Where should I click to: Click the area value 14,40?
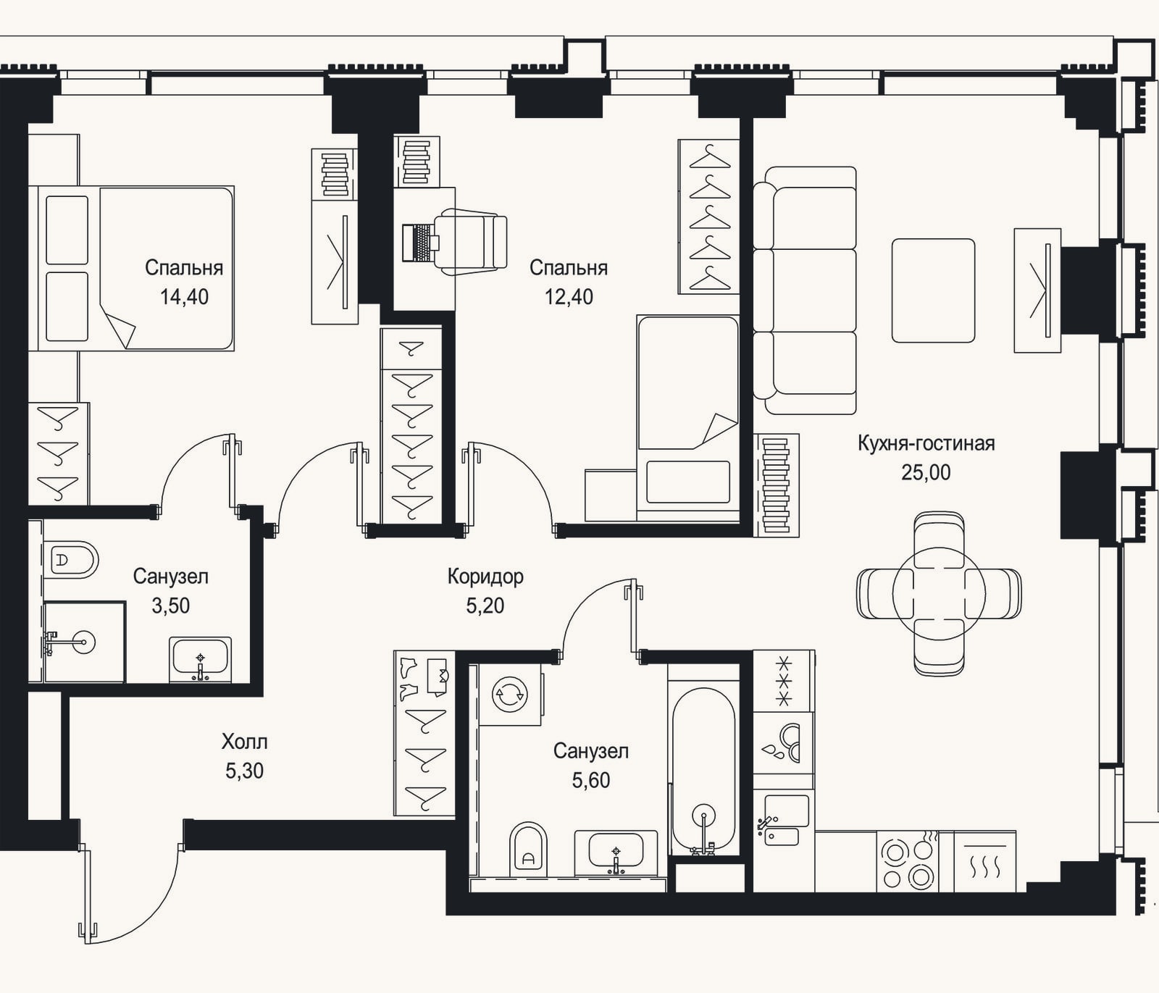coord(184,297)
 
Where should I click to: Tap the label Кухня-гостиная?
coord(926,443)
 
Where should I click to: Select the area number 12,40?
coord(569,297)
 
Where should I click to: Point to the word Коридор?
coord(485,577)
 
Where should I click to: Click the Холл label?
coord(244,742)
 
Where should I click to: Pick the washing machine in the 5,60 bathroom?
coord(511,695)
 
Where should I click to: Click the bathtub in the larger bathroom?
coord(703,770)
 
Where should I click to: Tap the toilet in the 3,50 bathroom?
coord(70,560)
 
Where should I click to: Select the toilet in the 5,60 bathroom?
coord(528,848)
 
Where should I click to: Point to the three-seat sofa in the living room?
coord(805,290)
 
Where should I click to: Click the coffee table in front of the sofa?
coord(933,290)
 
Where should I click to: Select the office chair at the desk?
coord(470,242)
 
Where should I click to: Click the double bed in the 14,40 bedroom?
coord(131,269)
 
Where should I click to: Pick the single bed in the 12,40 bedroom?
coord(688,418)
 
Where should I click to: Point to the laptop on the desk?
coord(417,242)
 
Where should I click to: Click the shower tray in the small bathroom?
coord(84,642)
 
